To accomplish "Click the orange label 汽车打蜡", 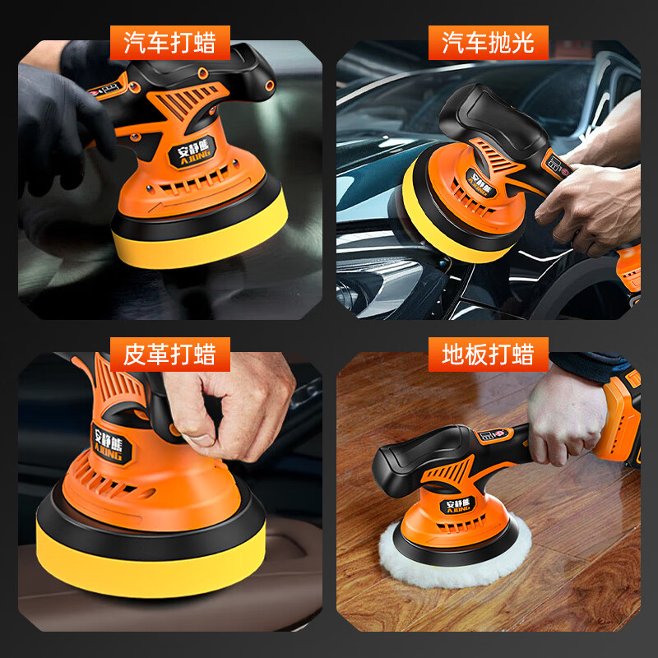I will coord(169,43).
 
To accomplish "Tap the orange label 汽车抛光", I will coord(488,43).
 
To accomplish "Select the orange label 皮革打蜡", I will coord(169,354).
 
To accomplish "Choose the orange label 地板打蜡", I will coord(488,354).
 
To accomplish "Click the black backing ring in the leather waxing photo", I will coord(148,522).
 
